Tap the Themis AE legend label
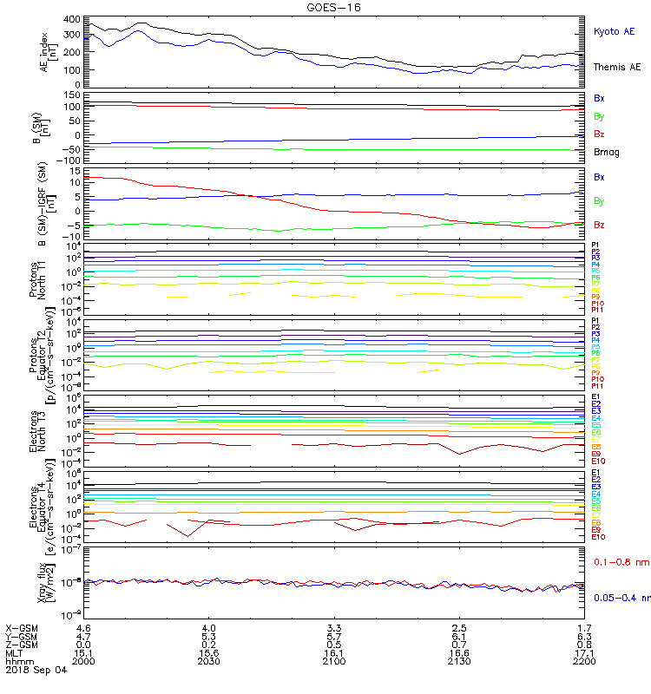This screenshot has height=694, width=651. click(x=616, y=67)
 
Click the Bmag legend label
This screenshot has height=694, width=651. click(x=605, y=152)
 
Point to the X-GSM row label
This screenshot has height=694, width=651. click(x=22, y=626)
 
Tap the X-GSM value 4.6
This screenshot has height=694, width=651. click(x=84, y=626)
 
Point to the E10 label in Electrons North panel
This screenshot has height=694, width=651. click(x=597, y=462)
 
